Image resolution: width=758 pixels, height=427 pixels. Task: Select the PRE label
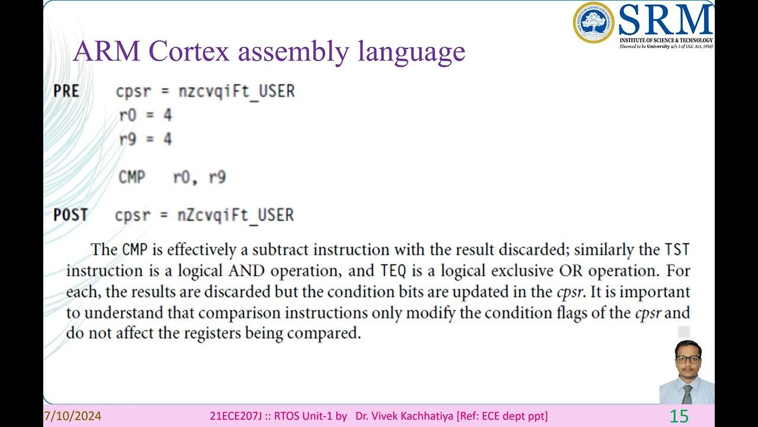click(66, 91)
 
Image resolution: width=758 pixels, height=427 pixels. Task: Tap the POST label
click(70, 215)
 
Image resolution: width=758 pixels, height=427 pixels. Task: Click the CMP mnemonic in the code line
click(131, 177)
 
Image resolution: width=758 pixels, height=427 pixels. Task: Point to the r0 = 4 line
click(145, 115)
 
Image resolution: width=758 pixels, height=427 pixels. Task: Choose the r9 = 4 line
click(145, 139)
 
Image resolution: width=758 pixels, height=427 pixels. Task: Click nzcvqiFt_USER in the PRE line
click(236, 91)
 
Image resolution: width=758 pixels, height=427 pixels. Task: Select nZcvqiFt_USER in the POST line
click(236, 215)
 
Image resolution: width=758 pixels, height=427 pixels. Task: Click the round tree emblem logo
click(593, 23)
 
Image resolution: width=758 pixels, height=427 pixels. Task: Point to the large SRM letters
click(665, 20)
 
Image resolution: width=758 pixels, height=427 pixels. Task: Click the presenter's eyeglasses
click(688, 359)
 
